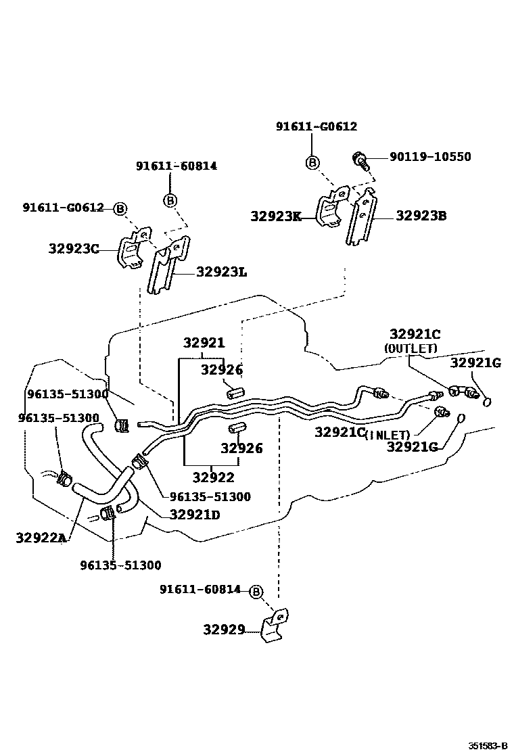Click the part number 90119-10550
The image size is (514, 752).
[x=430, y=157]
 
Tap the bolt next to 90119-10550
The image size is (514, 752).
[x=359, y=160]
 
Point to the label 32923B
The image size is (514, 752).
[x=421, y=216]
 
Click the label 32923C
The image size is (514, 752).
[x=74, y=248]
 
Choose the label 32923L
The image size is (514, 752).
[x=221, y=272]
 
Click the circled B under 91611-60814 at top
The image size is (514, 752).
[x=170, y=200]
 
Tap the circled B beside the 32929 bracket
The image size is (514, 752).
[x=256, y=592]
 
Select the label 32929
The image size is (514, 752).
[x=224, y=630]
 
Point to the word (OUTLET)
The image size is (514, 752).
[x=411, y=348]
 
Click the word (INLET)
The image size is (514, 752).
[x=388, y=435]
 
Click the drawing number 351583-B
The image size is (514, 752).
[x=488, y=746]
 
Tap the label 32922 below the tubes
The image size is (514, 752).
[x=213, y=477]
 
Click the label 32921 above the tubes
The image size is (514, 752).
[x=204, y=343]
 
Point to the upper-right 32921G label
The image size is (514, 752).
[x=475, y=362]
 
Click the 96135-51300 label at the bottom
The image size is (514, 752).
[x=120, y=565]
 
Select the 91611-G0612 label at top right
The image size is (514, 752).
[x=316, y=126]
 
